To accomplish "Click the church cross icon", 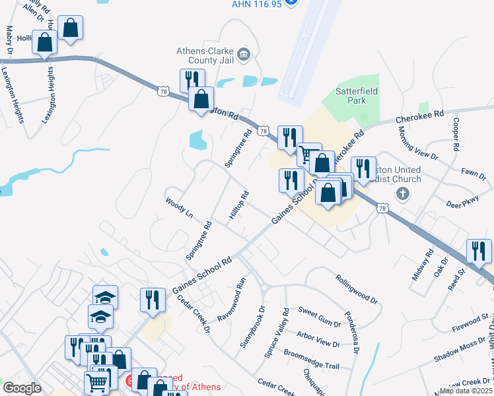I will (402, 193).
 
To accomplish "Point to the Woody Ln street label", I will (179, 206).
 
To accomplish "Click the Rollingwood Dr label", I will (356, 289).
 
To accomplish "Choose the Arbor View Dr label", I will (318, 339).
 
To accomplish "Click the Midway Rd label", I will (422, 265).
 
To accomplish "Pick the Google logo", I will (22, 388).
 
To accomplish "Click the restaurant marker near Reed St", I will (479, 251).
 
